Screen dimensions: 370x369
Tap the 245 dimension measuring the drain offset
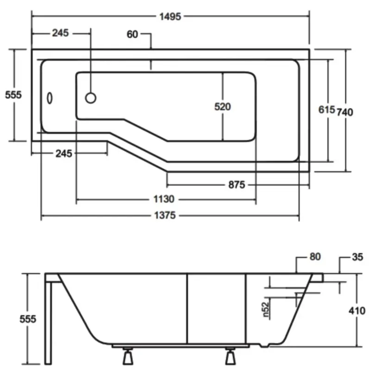point(60,33)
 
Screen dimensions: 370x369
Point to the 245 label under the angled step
point(63,154)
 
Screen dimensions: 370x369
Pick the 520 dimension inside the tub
point(222,107)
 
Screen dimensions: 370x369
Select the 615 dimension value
point(327,110)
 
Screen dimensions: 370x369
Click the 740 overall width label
point(345,111)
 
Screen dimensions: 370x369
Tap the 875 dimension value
point(236,185)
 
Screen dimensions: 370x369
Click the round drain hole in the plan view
point(91,98)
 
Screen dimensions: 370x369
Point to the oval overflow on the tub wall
point(50,98)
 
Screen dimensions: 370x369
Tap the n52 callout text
point(265,309)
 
